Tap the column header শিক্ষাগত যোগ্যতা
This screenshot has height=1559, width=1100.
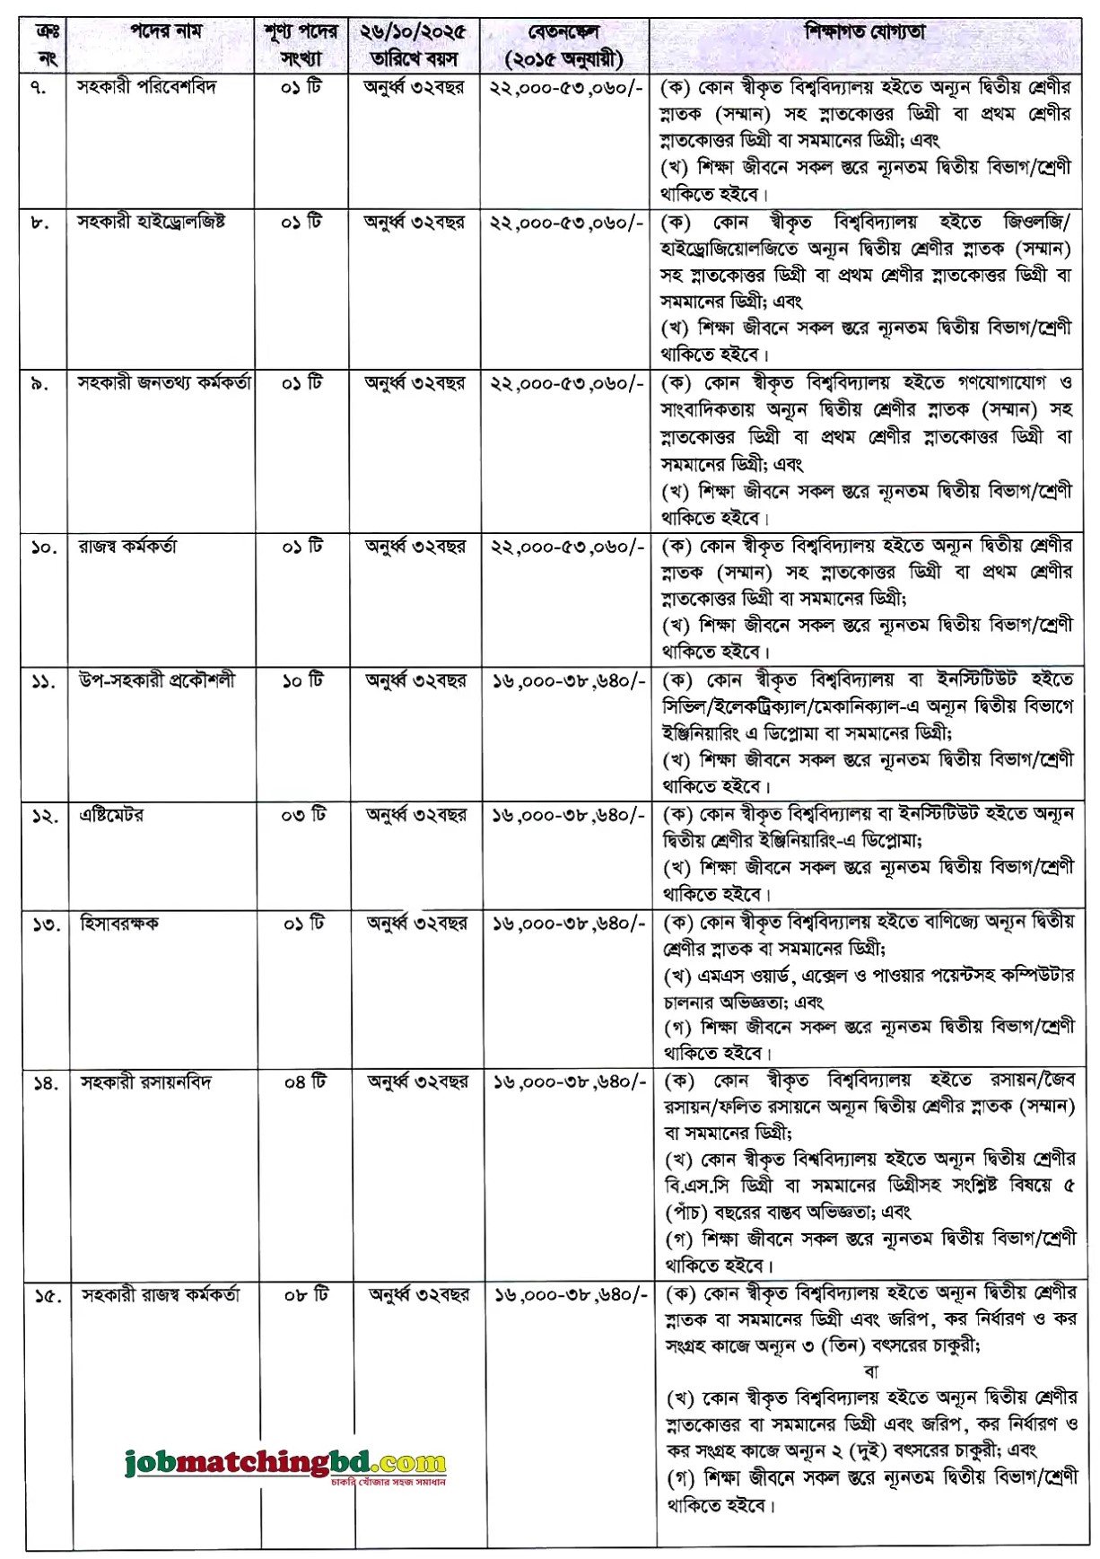click(865, 33)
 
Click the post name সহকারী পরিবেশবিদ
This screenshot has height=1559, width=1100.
click(146, 87)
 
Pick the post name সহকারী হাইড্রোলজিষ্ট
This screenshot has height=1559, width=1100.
click(152, 222)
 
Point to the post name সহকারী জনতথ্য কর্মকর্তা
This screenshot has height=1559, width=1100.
click(164, 383)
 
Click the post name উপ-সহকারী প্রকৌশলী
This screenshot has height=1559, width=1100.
click(158, 680)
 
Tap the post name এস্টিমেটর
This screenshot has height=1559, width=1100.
click(111, 815)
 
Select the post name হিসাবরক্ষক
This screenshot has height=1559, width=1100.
click(119, 923)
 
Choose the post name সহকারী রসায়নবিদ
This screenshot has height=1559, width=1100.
click(146, 1082)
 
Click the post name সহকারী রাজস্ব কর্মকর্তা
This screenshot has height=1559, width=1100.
click(161, 1295)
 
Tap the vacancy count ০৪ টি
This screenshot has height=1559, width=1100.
click(304, 1082)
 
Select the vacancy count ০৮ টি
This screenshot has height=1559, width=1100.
click(306, 1295)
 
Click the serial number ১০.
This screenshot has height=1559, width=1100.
click(44, 547)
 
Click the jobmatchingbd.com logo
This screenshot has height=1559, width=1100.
click(285, 1464)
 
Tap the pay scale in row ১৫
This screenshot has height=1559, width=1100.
click(570, 1295)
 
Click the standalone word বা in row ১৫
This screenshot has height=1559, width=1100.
click(871, 1371)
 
